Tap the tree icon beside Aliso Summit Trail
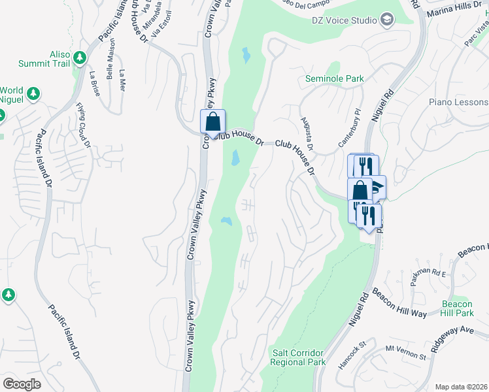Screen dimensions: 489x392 [80, 58]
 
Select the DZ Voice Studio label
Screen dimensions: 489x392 [345, 20]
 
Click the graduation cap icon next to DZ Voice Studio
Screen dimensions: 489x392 [388, 19]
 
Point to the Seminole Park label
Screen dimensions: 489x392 [335, 79]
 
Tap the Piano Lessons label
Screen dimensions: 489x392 [458, 103]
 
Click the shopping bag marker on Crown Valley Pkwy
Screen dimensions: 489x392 [212, 122]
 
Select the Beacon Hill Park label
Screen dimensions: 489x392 [456, 308]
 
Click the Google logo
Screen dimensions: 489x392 [22, 384]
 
